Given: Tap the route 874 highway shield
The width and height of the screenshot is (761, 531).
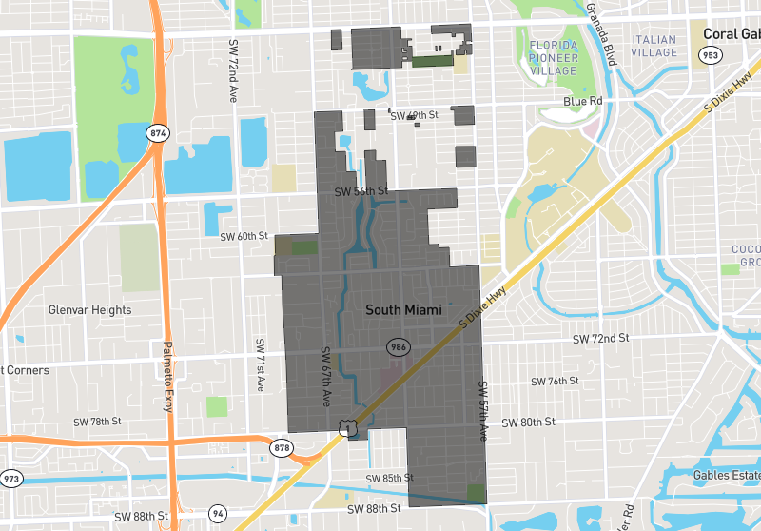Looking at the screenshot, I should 158,133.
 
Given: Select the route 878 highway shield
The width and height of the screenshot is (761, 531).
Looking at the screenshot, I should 282,448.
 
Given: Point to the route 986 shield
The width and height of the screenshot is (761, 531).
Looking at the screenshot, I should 398,347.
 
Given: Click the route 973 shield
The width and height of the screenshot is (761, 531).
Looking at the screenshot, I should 11,478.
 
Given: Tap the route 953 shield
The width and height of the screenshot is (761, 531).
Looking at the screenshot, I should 710,55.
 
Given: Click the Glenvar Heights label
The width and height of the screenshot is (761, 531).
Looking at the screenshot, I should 89,310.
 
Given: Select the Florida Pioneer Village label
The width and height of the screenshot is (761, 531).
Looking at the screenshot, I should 553,57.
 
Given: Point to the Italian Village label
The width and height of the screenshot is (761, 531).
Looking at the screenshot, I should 654,46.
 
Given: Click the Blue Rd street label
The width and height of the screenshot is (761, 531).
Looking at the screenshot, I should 583,100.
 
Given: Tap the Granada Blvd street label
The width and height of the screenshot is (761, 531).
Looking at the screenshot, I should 602,29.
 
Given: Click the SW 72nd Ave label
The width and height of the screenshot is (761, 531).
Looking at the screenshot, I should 232,70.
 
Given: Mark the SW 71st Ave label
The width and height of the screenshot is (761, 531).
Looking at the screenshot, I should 259,364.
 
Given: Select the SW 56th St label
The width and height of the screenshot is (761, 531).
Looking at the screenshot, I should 361,191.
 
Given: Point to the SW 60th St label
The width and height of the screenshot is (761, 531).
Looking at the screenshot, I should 244,236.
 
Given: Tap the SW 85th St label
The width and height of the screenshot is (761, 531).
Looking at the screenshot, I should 389,478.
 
